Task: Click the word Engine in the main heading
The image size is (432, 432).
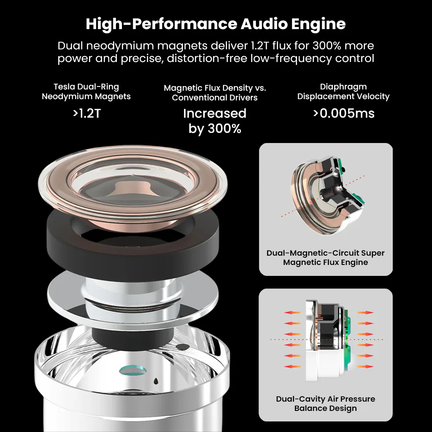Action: tap(318, 24)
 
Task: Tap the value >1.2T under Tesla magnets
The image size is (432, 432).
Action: tap(87, 113)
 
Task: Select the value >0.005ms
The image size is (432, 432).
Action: tap(344, 113)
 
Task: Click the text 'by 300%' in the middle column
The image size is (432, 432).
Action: tap(215, 129)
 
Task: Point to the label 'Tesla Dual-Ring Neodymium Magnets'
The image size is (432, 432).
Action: tap(86, 92)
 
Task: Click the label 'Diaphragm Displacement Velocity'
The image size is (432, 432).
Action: tap(343, 92)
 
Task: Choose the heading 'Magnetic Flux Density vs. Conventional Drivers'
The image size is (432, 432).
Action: tap(215, 92)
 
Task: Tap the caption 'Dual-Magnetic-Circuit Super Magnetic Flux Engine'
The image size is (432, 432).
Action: tap(325, 258)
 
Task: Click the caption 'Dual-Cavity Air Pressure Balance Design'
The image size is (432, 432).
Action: tap(326, 403)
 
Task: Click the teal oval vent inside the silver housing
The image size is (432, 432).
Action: tap(132, 370)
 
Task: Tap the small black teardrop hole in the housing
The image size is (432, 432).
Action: tap(156, 381)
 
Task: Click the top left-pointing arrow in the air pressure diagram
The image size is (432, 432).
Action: tap(292, 313)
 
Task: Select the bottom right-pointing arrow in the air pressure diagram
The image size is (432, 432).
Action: tap(365, 367)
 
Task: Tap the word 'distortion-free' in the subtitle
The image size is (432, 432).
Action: tap(207, 58)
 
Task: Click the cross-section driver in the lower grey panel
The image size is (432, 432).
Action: tap(328, 341)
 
